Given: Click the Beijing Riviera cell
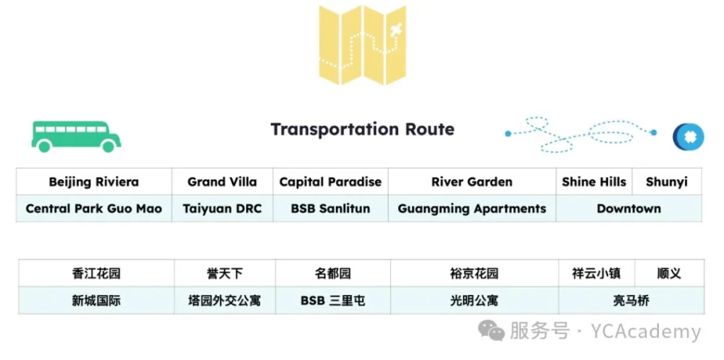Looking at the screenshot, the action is (x=94, y=182).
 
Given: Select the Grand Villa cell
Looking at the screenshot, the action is (x=222, y=182).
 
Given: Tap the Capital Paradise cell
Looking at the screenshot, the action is (x=331, y=182).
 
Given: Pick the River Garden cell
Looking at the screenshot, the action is (x=472, y=182).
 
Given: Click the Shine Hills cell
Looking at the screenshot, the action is (x=594, y=182).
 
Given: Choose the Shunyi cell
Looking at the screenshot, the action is (x=667, y=182).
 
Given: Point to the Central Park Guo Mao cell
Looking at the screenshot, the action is (x=94, y=209).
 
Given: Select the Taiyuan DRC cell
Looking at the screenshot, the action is (x=222, y=209).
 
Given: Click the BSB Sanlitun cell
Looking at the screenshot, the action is (x=331, y=209).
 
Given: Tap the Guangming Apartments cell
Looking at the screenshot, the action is (x=472, y=209).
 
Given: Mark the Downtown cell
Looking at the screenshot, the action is (x=629, y=209).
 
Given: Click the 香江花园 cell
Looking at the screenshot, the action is (x=96, y=273).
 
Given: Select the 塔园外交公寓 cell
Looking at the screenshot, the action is (x=225, y=301).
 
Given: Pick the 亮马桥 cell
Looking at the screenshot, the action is (x=631, y=301).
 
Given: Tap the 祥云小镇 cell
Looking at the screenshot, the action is (x=597, y=273).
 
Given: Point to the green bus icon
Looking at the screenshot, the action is (x=76, y=137).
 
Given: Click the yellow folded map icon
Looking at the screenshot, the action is (x=363, y=45).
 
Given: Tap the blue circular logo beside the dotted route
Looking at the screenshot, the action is (x=689, y=137).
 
